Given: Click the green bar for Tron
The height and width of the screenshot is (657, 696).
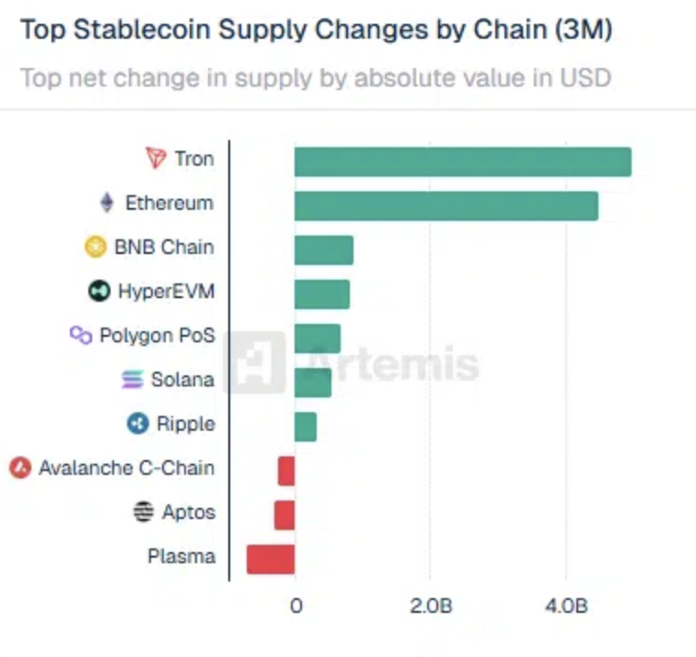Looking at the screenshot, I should [x=462, y=162].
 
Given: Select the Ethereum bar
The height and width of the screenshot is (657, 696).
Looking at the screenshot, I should [x=446, y=206].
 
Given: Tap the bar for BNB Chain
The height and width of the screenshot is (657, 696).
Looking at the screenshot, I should [x=323, y=250].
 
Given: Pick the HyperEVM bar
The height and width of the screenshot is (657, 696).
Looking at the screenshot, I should [x=321, y=294].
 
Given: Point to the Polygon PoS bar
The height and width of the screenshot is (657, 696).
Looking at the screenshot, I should [x=317, y=339].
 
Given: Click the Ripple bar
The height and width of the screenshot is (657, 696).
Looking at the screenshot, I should [x=305, y=427].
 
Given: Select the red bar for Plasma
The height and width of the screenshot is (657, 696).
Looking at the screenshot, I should [x=270, y=559].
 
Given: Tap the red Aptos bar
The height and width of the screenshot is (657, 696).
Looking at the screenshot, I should [x=284, y=515].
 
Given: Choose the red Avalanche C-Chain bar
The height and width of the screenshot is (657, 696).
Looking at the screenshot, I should [x=285, y=471].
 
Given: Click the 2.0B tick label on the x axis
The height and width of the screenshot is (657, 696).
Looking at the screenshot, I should [x=430, y=606].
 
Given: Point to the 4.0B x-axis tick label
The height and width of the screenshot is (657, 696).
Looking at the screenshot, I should [x=565, y=606].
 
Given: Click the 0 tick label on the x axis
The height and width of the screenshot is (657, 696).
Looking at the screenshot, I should [x=296, y=606].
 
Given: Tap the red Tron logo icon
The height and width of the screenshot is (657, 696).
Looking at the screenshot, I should [x=156, y=158].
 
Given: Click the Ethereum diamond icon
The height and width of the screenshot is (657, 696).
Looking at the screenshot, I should [x=107, y=202].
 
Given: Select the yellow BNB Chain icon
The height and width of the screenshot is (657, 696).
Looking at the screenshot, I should [x=95, y=247].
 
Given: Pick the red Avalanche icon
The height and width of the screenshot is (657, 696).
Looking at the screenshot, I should [x=19, y=468].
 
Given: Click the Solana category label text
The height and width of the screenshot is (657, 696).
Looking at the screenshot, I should [x=182, y=379].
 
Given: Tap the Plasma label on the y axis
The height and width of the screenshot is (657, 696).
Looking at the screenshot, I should [x=180, y=556].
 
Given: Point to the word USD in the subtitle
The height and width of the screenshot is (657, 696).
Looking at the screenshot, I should [x=585, y=76].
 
